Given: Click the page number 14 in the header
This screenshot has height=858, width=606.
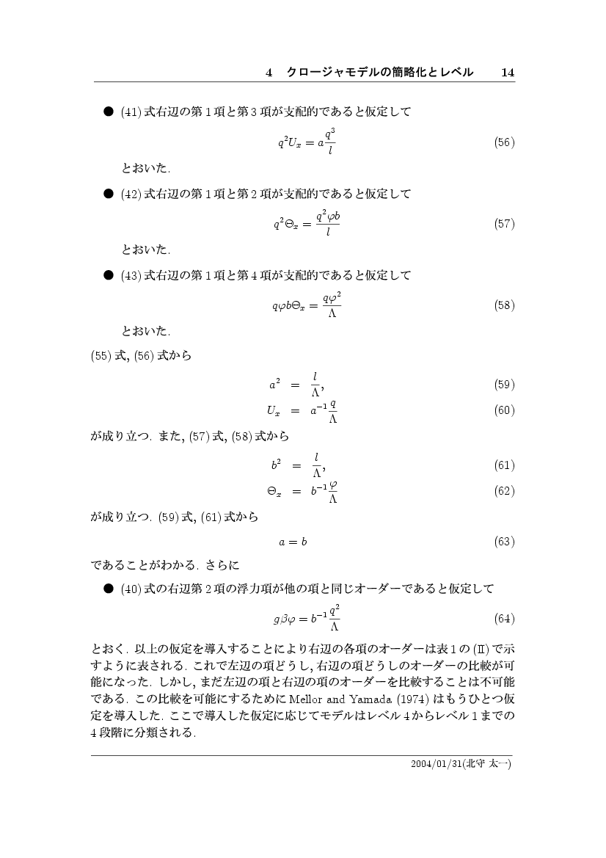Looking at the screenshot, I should click(x=507, y=72).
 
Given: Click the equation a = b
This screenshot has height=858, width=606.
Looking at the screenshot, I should click(x=293, y=542).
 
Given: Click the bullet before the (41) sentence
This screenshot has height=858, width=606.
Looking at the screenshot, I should click(x=107, y=112).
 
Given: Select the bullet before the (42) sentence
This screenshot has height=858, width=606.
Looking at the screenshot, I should click(x=107, y=194).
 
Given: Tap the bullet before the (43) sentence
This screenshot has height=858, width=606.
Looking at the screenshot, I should click(x=107, y=275).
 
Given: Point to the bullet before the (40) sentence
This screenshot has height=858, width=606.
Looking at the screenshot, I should click(x=107, y=589).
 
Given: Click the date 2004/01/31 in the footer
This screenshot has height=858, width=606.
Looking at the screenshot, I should click(x=438, y=764).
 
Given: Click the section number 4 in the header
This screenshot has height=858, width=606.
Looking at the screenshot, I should click(x=269, y=72).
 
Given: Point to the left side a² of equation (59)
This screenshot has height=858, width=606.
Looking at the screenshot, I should click(x=273, y=383).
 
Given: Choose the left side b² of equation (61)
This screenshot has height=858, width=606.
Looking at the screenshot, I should click(x=273, y=464).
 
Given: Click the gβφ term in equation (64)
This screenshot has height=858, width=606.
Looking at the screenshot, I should click(x=285, y=619).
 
